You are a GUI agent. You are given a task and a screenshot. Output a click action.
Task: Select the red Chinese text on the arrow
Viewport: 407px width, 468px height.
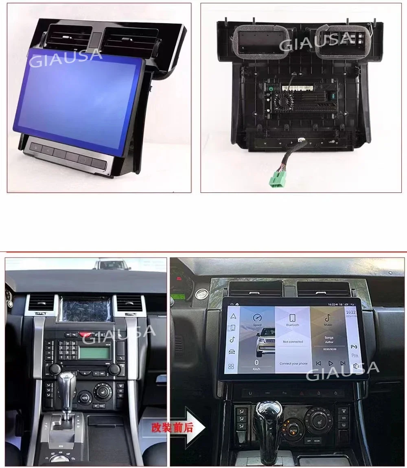click(x=172, y=428)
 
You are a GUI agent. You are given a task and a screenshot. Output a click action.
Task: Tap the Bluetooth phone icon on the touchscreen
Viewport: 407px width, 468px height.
click(x=292, y=318)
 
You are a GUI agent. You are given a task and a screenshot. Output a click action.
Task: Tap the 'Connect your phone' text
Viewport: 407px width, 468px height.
click(x=293, y=363)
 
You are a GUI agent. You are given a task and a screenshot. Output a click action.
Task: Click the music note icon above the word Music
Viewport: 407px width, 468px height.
click(x=328, y=318)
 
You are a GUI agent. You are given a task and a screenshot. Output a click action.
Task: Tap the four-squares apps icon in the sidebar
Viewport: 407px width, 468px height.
click(x=232, y=367)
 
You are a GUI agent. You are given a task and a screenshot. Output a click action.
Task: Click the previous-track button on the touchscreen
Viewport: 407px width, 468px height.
click(x=318, y=363)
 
